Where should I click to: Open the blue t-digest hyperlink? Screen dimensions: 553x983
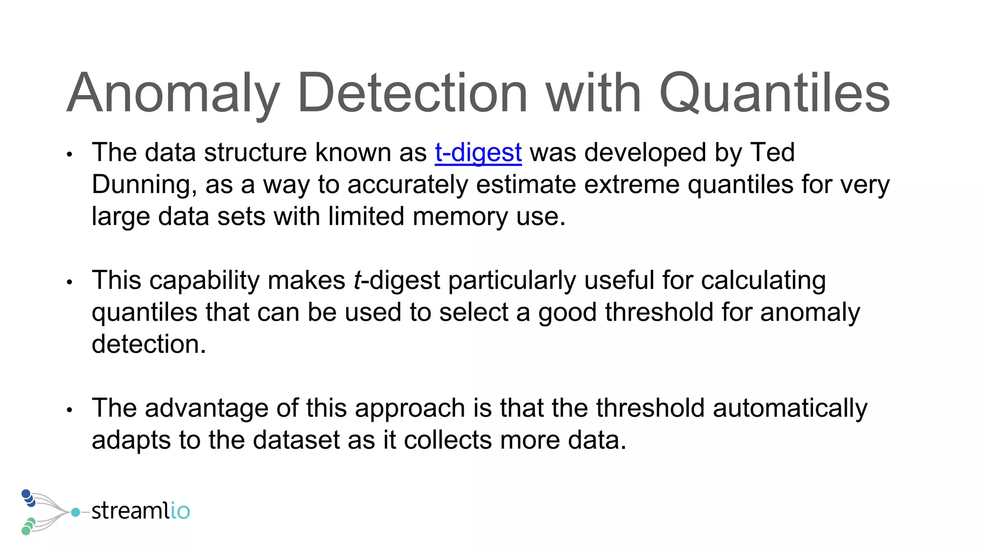pyautogui.click(x=478, y=153)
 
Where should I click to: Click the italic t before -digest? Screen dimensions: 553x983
pyautogui.click(x=357, y=280)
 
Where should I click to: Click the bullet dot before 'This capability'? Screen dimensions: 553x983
pyautogui.click(x=70, y=282)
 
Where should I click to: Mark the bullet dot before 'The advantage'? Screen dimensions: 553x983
pyautogui.click(x=70, y=410)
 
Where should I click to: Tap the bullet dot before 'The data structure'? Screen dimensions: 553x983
pyautogui.click(x=70, y=155)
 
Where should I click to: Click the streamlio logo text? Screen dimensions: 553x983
pyautogui.click(x=141, y=511)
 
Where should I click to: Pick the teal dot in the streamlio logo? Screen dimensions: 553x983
pyautogui.click(x=75, y=512)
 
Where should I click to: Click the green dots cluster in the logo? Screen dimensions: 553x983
pyautogui.click(x=28, y=526)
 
